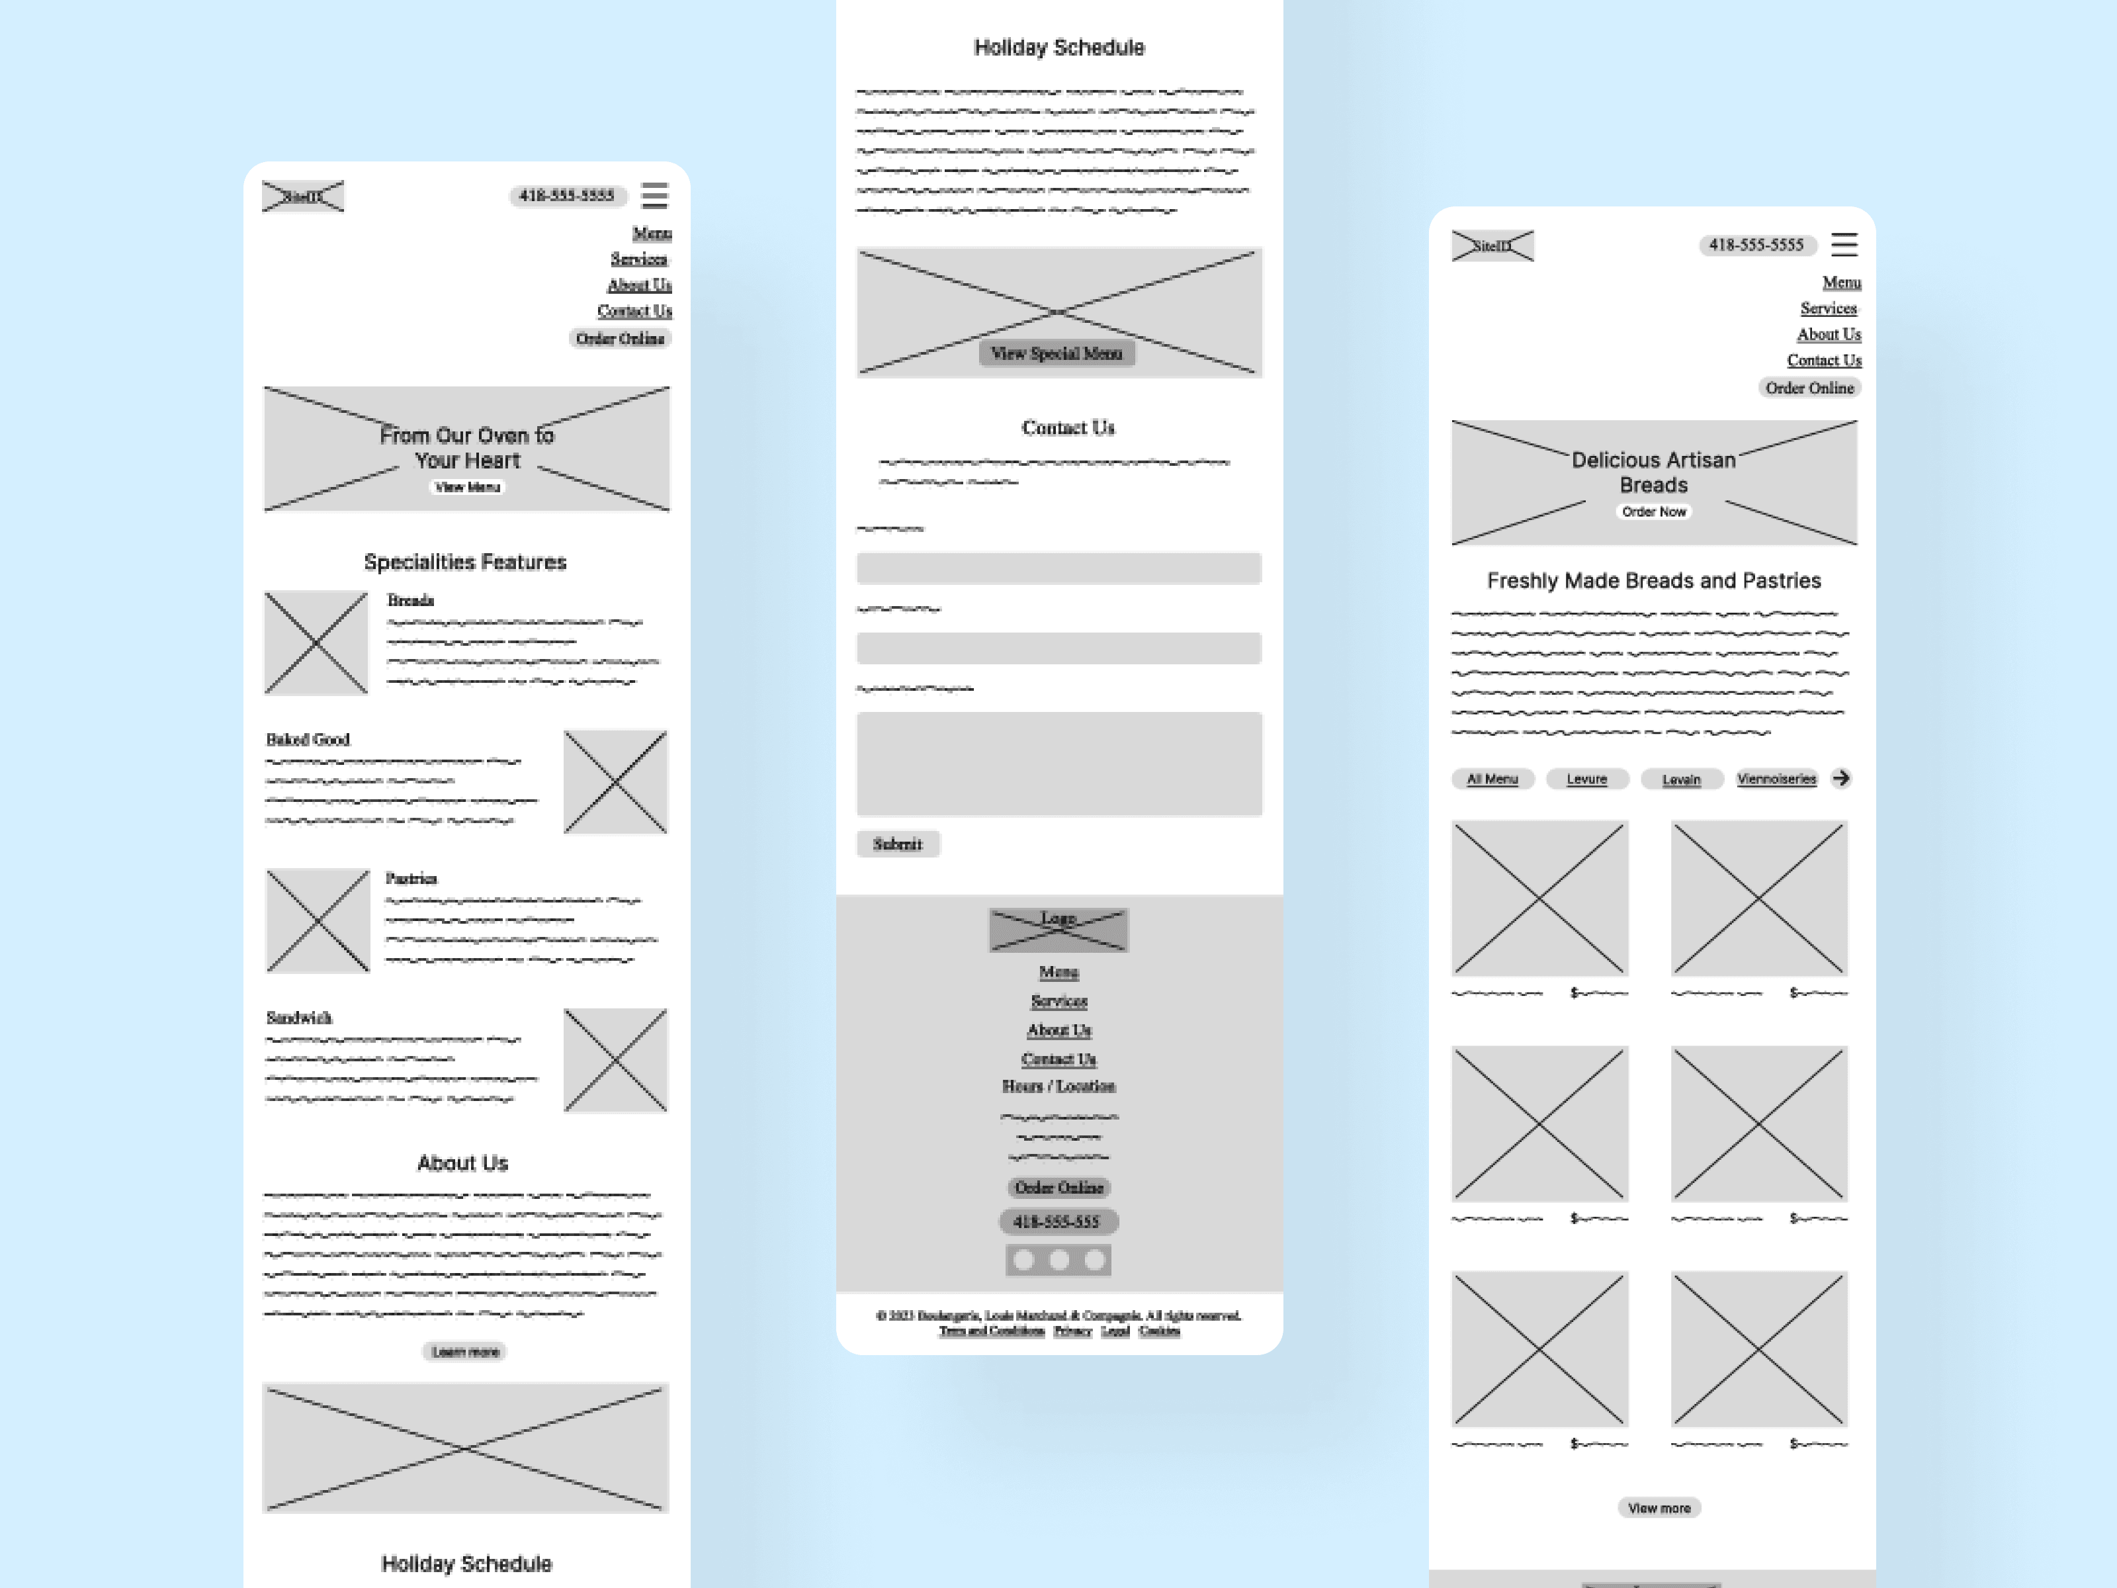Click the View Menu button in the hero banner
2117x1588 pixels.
[x=467, y=487]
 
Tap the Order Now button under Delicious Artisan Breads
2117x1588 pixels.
[x=1654, y=512]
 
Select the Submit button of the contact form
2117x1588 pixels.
[x=897, y=844]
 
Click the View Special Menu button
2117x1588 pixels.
[x=1057, y=353]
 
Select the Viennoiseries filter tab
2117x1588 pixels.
[x=1776, y=779]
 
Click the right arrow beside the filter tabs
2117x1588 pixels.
[x=1840, y=778]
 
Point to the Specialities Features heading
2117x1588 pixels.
[x=465, y=562]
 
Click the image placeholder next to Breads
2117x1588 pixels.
[x=316, y=642]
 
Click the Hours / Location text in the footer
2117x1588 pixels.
[x=1058, y=1086]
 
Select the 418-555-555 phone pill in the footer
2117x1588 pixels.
[x=1058, y=1221]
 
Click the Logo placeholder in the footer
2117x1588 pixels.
[x=1058, y=930]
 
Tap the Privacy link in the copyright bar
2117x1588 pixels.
[x=1072, y=1331]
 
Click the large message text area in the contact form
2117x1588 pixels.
[x=1058, y=764]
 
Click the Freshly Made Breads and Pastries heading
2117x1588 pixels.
[x=1654, y=581]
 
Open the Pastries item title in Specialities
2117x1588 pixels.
[x=411, y=879]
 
